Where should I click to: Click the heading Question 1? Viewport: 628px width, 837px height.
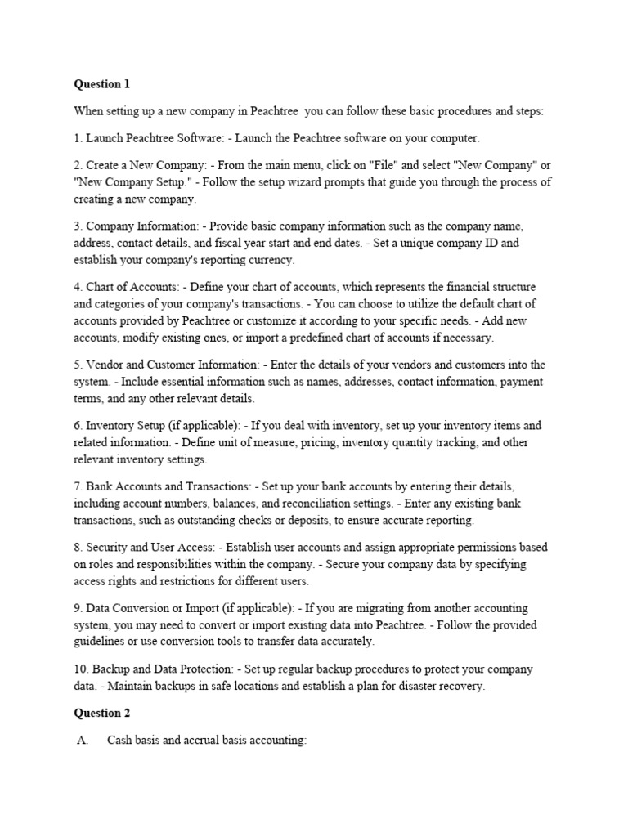[102, 84]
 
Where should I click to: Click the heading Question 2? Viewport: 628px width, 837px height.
[102, 713]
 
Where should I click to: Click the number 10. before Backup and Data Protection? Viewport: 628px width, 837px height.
[82, 669]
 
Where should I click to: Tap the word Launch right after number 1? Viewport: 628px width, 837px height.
[104, 137]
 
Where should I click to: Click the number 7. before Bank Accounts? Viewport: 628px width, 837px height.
[78, 486]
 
